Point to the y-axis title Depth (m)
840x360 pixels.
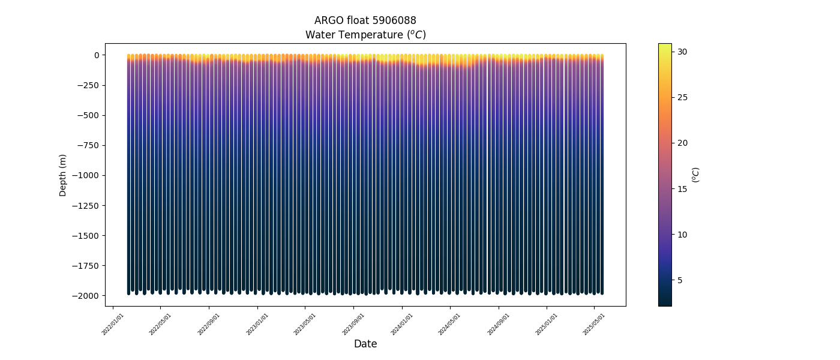(63, 175)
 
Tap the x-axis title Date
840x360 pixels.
(365, 344)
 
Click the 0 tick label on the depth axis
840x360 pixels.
(96, 55)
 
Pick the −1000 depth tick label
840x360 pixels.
(86, 175)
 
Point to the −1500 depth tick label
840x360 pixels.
(86, 236)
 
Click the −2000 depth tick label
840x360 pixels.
(86, 296)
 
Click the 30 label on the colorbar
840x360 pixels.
(683, 52)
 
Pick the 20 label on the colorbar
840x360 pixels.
(683, 143)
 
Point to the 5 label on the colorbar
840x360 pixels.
(680, 280)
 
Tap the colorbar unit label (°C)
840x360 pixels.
(696, 175)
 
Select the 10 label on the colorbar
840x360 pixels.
(683, 235)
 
